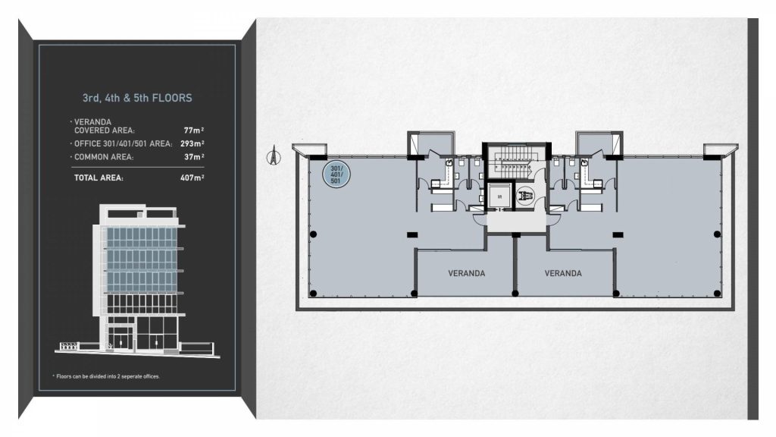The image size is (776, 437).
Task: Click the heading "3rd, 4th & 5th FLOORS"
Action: [x=137, y=98]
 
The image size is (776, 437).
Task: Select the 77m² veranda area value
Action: [x=193, y=130]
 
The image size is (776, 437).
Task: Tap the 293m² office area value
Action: [x=192, y=143]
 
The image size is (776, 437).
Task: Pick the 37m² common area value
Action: [x=194, y=157]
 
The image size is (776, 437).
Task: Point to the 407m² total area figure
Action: [x=192, y=178]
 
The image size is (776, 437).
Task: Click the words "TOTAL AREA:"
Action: [x=99, y=178]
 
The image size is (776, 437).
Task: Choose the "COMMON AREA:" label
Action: [x=103, y=157]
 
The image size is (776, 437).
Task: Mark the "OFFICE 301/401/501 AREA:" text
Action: [x=123, y=143]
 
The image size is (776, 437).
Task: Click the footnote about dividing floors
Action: [x=106, y=376]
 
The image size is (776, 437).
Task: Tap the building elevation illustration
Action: [x=137, y=280]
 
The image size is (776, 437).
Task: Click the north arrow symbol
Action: [x=273, y=155]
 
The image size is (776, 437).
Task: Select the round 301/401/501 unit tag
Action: [x=336, y=174]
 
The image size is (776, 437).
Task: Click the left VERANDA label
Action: [x=466, y=273]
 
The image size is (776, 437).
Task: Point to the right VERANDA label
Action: [x=563, y=273]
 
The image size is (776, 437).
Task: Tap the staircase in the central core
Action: [x=515, y=162]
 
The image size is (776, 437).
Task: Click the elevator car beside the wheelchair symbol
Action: [x=499, y=196]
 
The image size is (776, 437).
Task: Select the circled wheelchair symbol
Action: [x=524, y=196]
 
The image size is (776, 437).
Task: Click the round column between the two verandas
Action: [x=515, y=294]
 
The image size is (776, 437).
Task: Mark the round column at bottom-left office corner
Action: [x=313, y=294]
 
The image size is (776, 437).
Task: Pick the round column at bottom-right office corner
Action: [x=717, y=294]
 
